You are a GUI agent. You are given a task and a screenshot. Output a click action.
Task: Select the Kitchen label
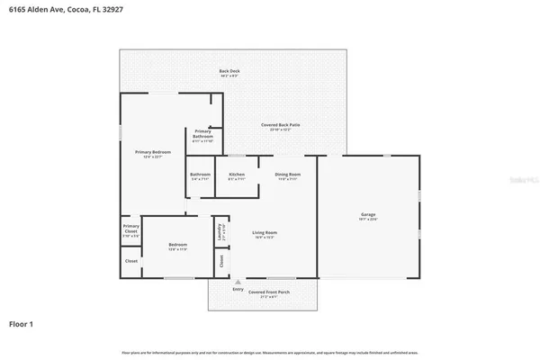[x=237, y=174]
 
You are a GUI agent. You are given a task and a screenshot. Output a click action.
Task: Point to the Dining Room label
[x=287, y=174]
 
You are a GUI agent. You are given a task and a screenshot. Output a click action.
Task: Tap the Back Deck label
[x=229, y=71]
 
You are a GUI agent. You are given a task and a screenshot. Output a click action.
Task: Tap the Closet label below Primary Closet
[x=130, y=261]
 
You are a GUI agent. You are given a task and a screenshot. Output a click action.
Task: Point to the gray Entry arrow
[x=238, y=282]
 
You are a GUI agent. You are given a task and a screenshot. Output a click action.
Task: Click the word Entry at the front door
[x=238, y=289]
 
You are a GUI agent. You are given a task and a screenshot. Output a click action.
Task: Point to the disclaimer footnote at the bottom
[x=269, y=352]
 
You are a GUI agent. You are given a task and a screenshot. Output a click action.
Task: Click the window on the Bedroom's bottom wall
[x=177, y=277]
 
